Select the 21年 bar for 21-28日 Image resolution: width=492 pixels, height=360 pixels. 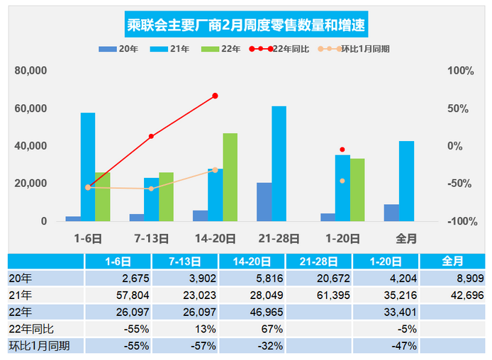(x=279, y=164)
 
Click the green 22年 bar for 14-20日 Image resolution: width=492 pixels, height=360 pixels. (x=230, y=177)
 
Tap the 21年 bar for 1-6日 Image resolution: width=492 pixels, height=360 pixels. (x=88, y=167)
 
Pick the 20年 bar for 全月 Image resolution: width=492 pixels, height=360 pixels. (x=391, y=213)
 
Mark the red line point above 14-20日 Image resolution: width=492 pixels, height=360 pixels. (x=215, y=96)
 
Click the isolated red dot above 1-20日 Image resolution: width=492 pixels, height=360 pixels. (x=342, y=150)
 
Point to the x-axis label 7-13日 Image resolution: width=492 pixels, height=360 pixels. (x=151, y=238)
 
